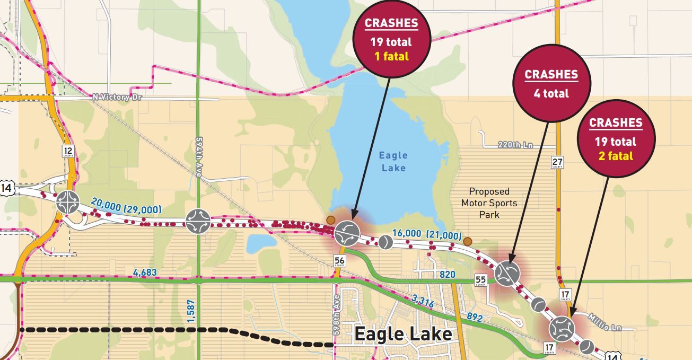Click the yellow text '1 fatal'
pyautogui.click(x=391, y=56)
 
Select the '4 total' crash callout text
pyautogui.click(x=551, y=94)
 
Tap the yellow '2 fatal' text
pyautogui.click(x=615, y=156)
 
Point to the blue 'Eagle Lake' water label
pyautogui.click(x=393, y=162)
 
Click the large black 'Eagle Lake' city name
pyautogui.click(x=403, y=335)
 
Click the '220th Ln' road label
pyautogui.click(x=515, y=145)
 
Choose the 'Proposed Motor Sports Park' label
pyautogui.click(x=489, y=203)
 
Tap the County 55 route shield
pyautogui.click(x=480, y=280)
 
